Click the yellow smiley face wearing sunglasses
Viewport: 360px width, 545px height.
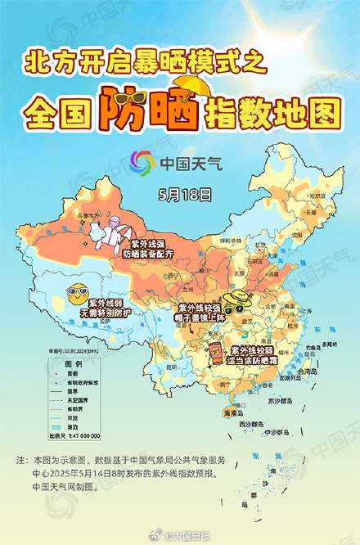coord(77,291)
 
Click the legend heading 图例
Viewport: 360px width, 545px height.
coord(74,363)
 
